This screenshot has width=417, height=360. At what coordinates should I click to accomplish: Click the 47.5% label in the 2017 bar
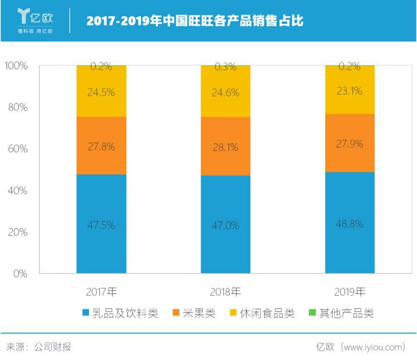[101, 225]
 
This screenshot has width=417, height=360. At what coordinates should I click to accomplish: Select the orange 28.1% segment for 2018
[226, 147]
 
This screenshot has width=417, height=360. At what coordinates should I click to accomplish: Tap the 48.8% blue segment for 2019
[349, 224]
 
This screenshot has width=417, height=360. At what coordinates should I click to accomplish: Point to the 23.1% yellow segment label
[349, 90]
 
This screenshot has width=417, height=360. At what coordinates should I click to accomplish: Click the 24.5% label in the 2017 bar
[101, 92]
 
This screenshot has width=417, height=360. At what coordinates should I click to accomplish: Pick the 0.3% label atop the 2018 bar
[226, 66]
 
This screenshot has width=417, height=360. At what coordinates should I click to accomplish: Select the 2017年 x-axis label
[101, 292]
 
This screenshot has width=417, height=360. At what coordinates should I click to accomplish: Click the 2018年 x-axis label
[226, 292]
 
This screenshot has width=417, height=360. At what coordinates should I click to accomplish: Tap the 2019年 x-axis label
[350, 292]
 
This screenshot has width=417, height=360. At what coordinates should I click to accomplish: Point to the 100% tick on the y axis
[16, 66]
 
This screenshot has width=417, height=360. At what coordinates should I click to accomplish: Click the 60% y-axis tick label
[18, 149]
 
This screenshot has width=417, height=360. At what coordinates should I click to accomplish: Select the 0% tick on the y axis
[20, 274]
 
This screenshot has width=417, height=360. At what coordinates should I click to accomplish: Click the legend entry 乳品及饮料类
[121, 313]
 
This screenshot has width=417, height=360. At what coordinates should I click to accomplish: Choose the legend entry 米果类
[194, 313]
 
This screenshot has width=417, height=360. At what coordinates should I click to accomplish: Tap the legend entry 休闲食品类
[262, 313]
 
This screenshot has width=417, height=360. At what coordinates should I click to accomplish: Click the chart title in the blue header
[195, 20]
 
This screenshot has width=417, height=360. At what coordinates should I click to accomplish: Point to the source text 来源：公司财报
[38, 347]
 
